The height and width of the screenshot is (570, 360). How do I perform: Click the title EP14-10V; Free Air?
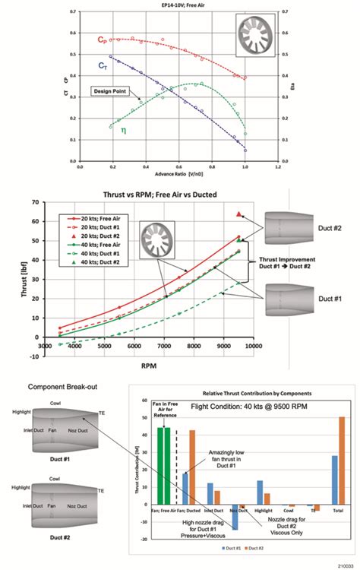tap(180, 5)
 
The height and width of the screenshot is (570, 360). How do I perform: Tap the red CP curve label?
tap(101, 40)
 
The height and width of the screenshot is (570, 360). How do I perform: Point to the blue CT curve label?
tap(101, 66)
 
